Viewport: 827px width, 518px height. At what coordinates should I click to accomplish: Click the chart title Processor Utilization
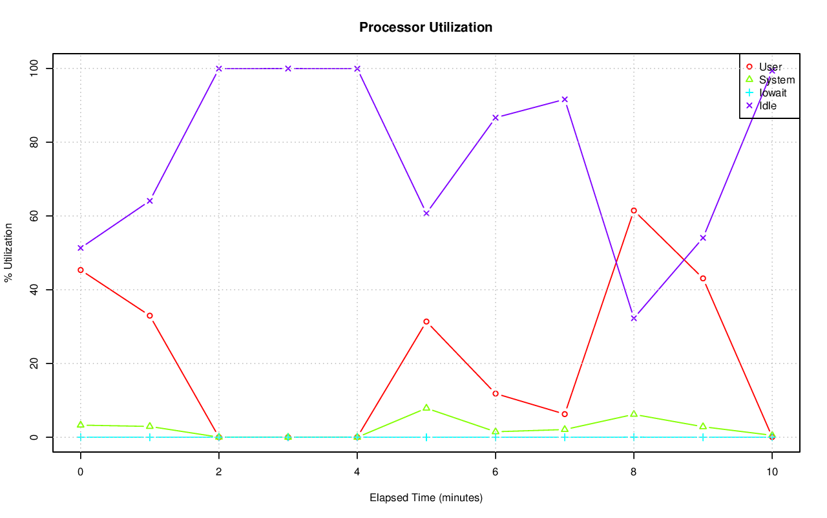pos(426,27)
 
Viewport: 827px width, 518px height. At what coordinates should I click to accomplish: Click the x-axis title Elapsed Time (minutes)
pos(426,498)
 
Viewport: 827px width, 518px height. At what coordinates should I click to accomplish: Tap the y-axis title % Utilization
pos(8,252)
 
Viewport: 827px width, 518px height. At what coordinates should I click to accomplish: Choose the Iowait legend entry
pos(773,92)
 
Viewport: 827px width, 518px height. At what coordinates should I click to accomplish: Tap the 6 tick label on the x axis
pos(496,472)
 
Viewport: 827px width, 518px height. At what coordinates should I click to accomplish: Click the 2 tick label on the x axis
pos(219,472)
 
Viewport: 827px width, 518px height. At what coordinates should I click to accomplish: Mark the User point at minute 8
pos(634,210)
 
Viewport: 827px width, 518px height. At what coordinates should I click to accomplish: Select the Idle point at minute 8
pos(634,318)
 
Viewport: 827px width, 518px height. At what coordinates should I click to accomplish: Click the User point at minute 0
pos(81,270)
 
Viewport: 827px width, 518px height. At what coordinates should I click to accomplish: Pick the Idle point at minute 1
pos(150,200)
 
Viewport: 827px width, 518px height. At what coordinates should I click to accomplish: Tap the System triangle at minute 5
pos(426,408)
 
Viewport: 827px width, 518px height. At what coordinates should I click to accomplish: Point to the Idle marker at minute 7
pos(565,99)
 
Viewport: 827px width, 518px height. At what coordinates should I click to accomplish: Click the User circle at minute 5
pos(426,321)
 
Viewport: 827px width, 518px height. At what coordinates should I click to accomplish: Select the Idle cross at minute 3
pos(288,68)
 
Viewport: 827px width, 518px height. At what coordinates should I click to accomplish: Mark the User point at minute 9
pos(703,278)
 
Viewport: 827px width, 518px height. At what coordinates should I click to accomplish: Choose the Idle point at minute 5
pos(426,213)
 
